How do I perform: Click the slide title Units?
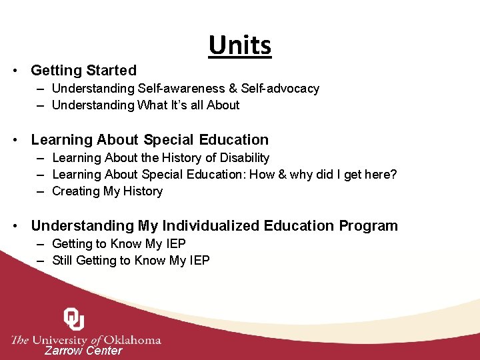(240, 45)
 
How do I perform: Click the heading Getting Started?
(83, 70)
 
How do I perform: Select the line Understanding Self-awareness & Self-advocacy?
(185, 89)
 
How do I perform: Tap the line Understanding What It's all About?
(145, 105)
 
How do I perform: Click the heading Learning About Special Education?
(149, 140)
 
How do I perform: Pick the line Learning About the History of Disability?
(160, 158)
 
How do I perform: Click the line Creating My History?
(107, 191)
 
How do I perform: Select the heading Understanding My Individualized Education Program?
(214, 226)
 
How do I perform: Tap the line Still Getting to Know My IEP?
(131, 261)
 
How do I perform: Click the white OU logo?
(74, 319)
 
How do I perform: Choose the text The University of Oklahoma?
(87, 339)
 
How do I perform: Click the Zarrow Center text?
(83, 351)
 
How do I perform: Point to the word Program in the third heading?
(368, 226)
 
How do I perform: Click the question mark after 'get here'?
(393, 175)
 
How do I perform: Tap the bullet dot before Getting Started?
(15, 71)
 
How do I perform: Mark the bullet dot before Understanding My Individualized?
(15, 227)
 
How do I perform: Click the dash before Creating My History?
(41, 191)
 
